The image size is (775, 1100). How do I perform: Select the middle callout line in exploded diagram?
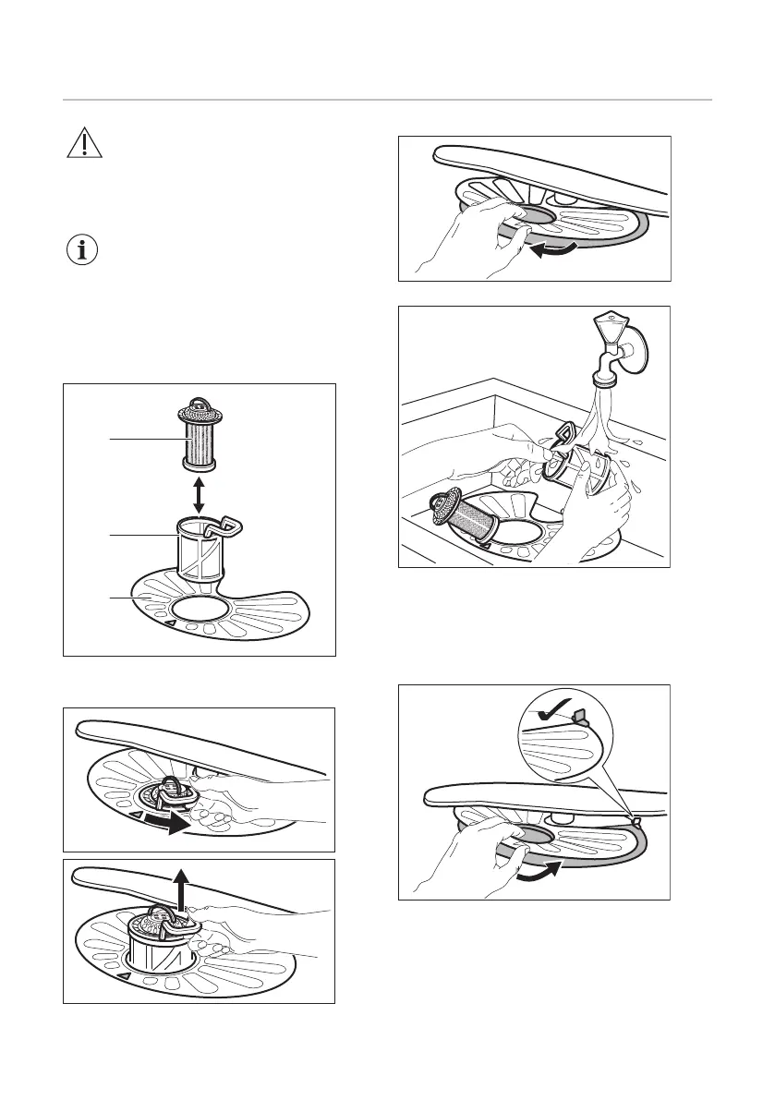(x=143, y=534)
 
